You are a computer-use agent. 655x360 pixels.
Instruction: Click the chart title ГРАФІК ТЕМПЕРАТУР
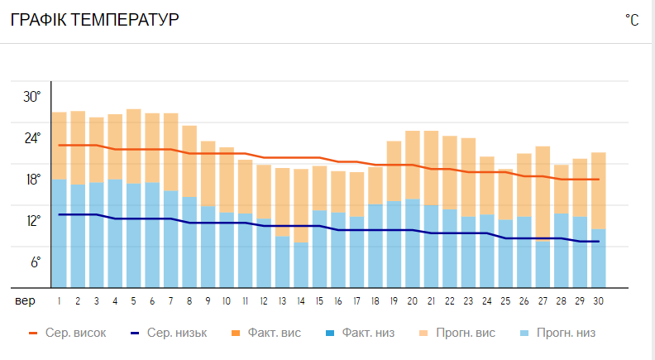[x=94, y=20]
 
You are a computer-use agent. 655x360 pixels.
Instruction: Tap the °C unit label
[x=632, y=21]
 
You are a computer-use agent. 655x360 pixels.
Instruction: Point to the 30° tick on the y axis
[x=31, y=97]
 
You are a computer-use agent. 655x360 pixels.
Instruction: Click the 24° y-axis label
[x=31, y=138]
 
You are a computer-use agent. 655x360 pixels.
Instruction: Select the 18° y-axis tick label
[x=31, y=180]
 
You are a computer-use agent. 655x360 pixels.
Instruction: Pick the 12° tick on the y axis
[x=31, y=221]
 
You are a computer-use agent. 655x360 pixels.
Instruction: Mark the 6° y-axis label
[x=36, y=262]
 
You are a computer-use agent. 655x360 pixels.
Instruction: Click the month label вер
[x=25, y=300]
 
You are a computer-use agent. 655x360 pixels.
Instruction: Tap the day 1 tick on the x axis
[x=60, y=300]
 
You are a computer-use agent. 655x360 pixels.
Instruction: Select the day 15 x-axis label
[x=319, y=300]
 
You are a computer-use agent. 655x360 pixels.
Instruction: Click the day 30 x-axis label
[x=597, y=300]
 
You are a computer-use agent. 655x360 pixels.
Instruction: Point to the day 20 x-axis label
[x=412, y=300]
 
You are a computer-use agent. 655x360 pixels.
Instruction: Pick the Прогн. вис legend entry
[x=467, y=334]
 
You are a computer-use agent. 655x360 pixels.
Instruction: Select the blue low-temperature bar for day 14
[x=301, y=265]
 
